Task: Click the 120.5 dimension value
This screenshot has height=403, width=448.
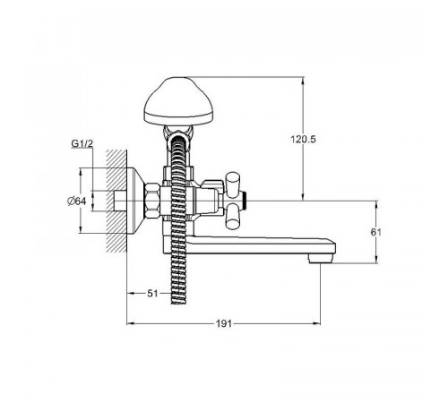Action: click(303, 139)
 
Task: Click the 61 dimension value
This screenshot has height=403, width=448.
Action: click(376, 232)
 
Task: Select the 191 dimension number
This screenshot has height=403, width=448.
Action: click(224, 323)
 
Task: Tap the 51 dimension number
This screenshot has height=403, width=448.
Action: click(152, 294)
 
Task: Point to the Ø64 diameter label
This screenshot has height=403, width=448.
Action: click(76, 201)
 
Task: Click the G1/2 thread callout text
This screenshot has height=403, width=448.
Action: click(82, 143)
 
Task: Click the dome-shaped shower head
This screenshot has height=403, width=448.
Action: click(178, 101)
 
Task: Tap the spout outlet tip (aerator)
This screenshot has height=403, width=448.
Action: click(321, 258)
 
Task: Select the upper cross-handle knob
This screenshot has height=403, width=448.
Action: click(233, 184)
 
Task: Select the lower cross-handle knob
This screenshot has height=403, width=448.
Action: click(233, 217)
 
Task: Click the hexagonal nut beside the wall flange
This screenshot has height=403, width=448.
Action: click(152, 201)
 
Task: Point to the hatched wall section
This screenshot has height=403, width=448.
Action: click(116, 201)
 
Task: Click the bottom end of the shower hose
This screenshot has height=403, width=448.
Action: click(178, 303)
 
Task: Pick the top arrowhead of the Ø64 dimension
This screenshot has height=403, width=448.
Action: click(80, 172)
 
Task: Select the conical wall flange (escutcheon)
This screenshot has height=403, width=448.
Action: click(136, 201)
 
